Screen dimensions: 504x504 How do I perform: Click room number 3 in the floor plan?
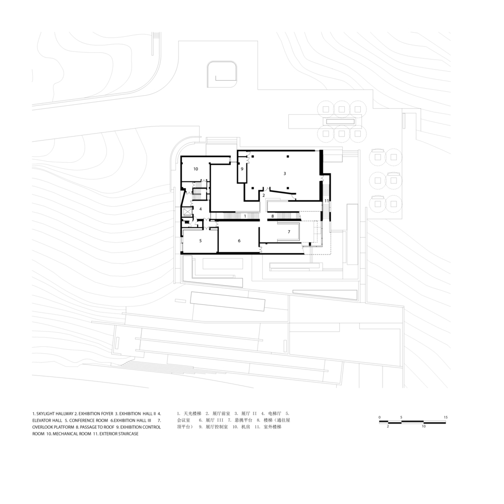tap(284, 173)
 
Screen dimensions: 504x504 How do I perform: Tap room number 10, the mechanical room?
tap(196, 169)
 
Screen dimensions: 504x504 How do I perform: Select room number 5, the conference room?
tap(201, 241)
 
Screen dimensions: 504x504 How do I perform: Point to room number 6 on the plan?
tap(239, 241)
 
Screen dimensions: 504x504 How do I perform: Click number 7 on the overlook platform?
tap(289, 232)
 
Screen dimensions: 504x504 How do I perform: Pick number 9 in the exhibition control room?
tap(242, 169)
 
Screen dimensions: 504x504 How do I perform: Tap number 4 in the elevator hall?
tap(201, 209)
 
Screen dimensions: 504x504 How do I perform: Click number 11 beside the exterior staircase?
tap(327, 201)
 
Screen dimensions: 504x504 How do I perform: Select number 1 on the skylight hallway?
tap(245, 216)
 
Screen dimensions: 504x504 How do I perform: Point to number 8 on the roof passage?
tap(273, 216)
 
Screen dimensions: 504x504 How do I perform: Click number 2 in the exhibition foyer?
tap(264, 195)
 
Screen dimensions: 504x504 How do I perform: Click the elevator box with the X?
tap(186, 212)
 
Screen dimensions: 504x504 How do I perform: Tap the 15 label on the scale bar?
tap(446, 417)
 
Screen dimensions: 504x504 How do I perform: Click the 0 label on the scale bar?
tap(380, 417)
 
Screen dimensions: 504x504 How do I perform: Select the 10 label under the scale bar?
tap(423, 426)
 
